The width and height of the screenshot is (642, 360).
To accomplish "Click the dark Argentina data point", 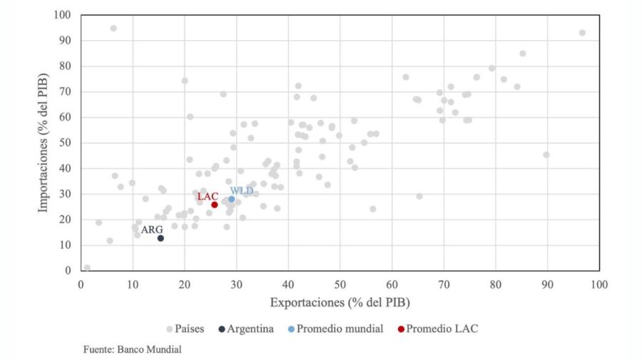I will (x=160, y=238).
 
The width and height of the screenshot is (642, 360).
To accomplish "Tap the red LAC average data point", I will (x=214, y=205).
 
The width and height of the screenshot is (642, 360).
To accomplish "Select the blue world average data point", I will (x=232, y=199).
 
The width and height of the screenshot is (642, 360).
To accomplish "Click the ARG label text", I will (x=152, y=230).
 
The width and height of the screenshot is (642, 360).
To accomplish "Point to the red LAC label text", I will (x=208, y=196).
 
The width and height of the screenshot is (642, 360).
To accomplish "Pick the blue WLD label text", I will (x=241, y=190).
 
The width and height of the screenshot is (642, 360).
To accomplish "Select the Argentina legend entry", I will (x=245, y=329).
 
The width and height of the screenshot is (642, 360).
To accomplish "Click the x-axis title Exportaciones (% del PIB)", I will (x=340, y=303).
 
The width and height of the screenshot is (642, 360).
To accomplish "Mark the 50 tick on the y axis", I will (x=66, y=143).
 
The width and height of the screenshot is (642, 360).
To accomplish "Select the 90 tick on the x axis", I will (x=547, y=284).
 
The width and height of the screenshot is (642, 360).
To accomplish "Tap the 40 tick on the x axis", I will (x=288, y=284).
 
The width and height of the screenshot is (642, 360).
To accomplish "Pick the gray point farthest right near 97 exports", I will (x=582, y=33).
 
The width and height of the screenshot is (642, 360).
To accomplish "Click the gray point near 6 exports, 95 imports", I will (x=113, y=29).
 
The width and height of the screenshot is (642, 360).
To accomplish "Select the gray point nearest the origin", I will (x=87, y=268).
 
